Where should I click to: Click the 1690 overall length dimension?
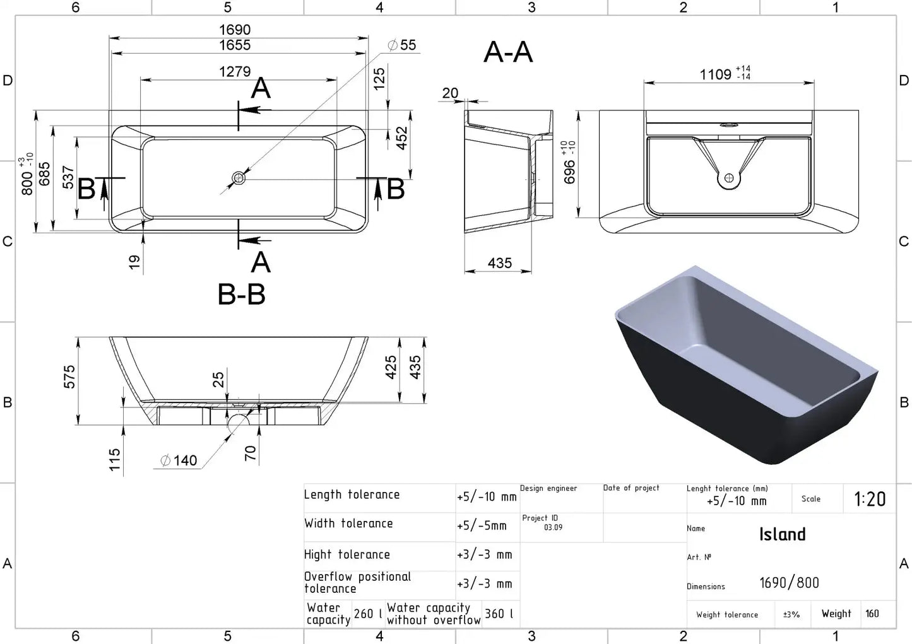[x=235, y=30]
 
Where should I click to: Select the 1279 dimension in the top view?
[x=235, y=72]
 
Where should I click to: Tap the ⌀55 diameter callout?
[x=402, y=45]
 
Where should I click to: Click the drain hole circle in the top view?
[x=238, y=179]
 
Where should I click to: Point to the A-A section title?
[x=508, y=52]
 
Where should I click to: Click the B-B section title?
[x=242, y=294]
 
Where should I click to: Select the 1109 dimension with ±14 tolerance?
[x=725, y=74]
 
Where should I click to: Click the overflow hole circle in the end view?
[x=729, y=178]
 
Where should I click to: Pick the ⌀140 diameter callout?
[x=179, y=460]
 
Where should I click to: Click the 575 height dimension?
[x=69, y=377]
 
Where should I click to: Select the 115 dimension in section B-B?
[x=115, y=460]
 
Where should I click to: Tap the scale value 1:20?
[x=870, y=499]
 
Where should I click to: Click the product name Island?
[x=783, y=534]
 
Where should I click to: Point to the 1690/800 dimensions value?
[x=789, y=583]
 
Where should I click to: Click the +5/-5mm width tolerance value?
[x=482, y=525]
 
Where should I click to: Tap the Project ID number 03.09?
[x=554, y=527]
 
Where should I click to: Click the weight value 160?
[x=872, y=614]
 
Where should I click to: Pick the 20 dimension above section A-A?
[x=450, y=93]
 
